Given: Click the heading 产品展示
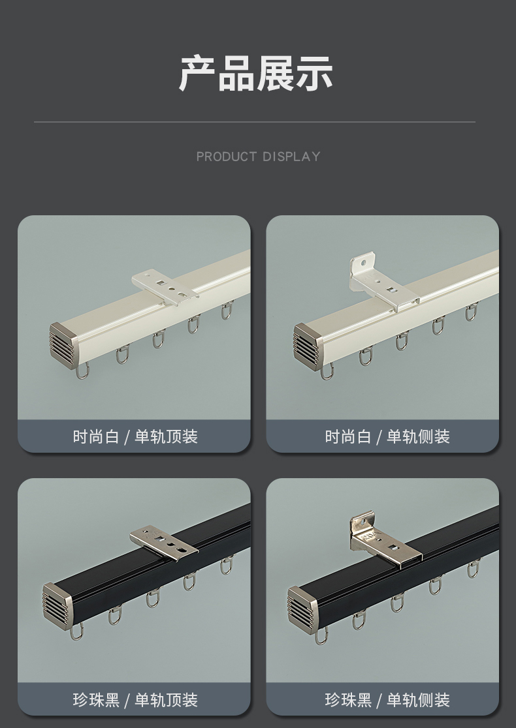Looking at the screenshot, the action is (256, 73).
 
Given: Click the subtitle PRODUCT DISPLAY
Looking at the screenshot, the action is (258, 157).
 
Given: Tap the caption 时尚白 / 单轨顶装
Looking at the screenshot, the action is (135, 436).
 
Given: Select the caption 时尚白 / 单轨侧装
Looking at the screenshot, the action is (387, 436).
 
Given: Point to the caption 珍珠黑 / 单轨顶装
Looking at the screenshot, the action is (135, 700).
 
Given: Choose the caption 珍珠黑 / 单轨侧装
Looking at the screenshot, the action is (387, 700).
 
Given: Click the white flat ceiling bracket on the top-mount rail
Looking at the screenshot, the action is (165, 288).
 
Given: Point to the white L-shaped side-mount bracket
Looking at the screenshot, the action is (381, 283).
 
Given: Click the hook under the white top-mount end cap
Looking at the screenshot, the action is (82, 371).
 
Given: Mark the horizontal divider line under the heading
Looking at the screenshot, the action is (255, 122).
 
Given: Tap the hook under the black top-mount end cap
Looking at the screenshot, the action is (76, 631).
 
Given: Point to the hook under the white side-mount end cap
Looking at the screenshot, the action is (327, 372).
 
